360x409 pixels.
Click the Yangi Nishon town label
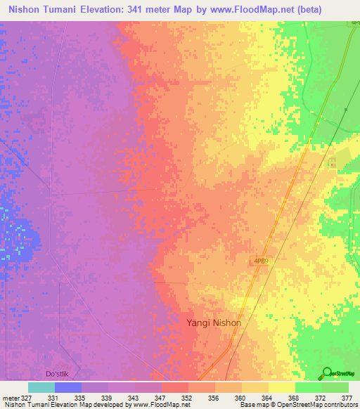click(214, 323)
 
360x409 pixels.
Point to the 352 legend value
click(187, 398)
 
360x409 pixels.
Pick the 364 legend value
click(267, 398)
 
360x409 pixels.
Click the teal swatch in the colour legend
click(41, 387)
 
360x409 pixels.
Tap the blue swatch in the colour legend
click(68, 387)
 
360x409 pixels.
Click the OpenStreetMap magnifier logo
click(327, 372)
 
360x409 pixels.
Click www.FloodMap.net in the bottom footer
click(160, 405)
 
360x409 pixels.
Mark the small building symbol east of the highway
click(331, 162)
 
